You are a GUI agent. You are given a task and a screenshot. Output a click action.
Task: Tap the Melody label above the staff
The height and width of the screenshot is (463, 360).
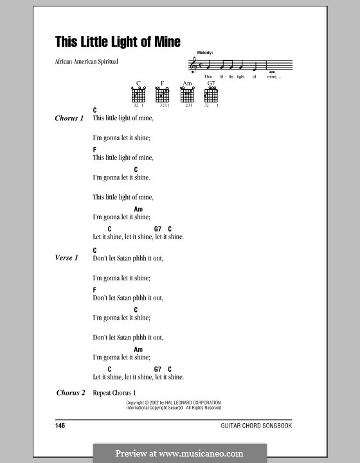click(205, 53)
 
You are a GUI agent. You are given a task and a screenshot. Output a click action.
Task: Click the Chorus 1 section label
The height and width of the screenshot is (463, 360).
click(69, 118)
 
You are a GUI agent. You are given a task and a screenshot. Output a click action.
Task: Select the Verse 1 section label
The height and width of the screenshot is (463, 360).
click(67, 258)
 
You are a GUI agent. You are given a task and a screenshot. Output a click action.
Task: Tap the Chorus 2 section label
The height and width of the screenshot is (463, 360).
click(71, 393)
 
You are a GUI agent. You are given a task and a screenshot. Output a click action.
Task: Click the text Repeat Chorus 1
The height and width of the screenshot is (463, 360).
click(115, 393)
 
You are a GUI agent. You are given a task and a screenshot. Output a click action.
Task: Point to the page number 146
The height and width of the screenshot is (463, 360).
click(61, 426)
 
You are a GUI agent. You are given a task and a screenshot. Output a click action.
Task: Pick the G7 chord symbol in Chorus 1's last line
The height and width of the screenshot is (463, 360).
click(157, 229)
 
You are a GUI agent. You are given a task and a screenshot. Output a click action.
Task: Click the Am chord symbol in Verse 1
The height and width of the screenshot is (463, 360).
click(138, 349)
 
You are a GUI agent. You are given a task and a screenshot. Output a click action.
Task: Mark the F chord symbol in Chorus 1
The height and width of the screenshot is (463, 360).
click(94, 149)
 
